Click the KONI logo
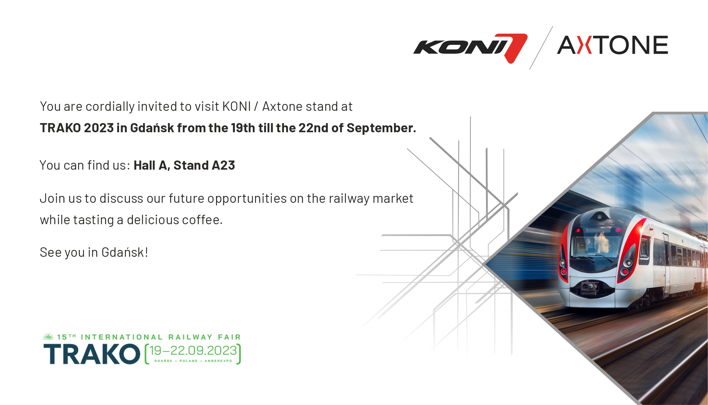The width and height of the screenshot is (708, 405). point(470,48)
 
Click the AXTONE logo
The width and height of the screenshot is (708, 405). point(612,45)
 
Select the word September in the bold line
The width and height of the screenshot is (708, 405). point(381,128)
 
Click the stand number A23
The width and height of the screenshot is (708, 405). point(223,165)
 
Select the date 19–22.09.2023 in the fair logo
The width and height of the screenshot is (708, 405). point(193,351)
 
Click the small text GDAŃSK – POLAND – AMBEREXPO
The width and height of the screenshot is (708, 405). point(193,361)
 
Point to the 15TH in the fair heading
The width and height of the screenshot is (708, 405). point(66,337)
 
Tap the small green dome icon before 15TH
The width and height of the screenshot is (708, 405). point(48,337)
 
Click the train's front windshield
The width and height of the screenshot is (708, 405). point(596,246)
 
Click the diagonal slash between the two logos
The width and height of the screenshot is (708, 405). point(541,48)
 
